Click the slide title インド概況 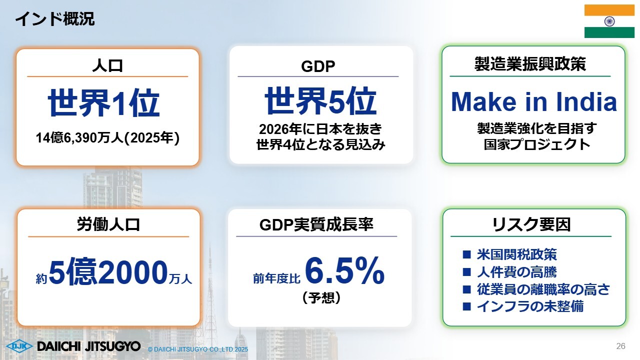(54, 19)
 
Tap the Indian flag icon (609, 21)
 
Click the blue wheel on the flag (609, 21)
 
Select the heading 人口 (107, 65)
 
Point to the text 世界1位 (103, 102)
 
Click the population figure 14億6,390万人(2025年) (107, 137)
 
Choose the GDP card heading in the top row (318, 66)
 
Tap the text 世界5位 (320, 100)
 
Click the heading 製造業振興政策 (530, 63)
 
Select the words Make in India (533, 101)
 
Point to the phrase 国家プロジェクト (537, 144)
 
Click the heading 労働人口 (108, 224)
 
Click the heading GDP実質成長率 (316, 224)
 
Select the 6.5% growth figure (344, 270)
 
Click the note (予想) (321, 297)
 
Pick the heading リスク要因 (531, 224)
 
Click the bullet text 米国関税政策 (516, 254)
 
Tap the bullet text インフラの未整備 (530, 306)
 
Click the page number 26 (621, 346)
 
